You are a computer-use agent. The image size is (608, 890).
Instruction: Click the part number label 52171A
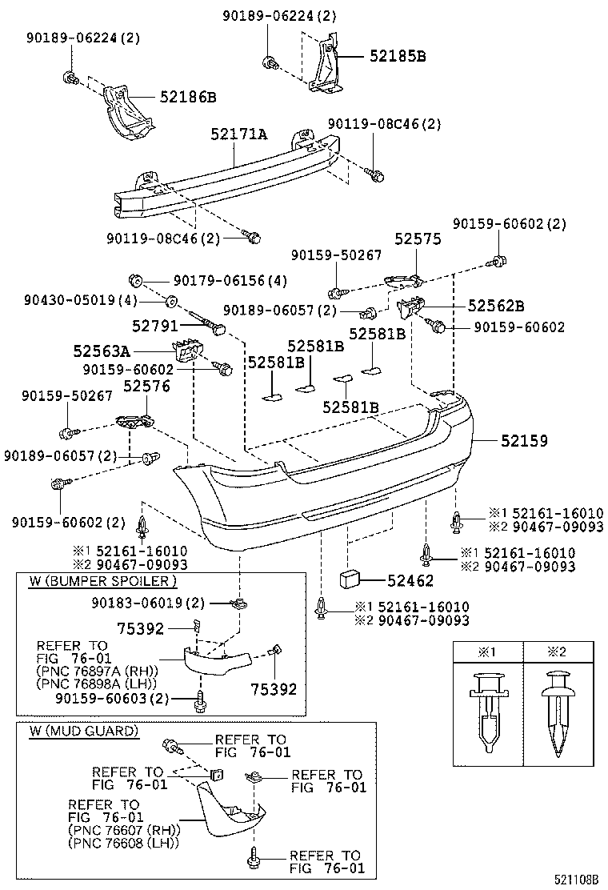click(238, 134)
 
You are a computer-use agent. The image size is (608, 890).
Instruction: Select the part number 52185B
click(398, 56)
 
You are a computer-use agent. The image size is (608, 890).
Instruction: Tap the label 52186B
click(188, 97)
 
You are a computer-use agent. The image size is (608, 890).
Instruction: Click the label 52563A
click(102, 351)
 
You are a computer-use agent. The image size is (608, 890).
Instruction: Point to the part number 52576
click(146, 387)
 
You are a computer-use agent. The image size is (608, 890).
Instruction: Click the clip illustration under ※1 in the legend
click(487, 713)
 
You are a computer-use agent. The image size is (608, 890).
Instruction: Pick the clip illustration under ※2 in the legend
click(558, 713)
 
